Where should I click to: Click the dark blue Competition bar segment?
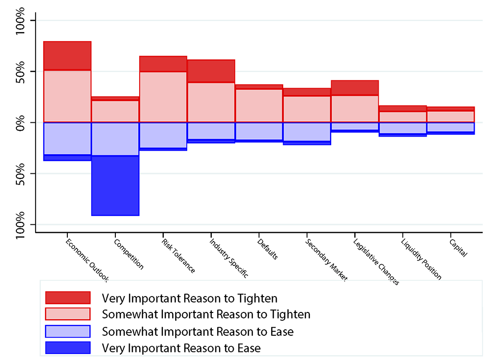click(x=115, y=186)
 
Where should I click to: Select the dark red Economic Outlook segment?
click(x=67, y=56)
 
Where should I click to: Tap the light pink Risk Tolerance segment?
click(x=163, y=97)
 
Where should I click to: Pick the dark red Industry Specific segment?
click(x=211, y=71)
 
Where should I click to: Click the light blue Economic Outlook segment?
click(x=67, y=138)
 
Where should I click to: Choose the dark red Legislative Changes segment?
click(x=354, y=88)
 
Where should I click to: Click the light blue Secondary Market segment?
click(x=306, y=132)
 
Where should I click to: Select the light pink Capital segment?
click(x=450, y=116)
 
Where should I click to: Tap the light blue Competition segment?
click(x=115, y=139)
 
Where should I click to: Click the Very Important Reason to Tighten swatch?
click(x=67, y=298)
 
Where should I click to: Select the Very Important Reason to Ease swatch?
click(x=67, y=348)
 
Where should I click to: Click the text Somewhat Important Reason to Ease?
click(x=198, y=331)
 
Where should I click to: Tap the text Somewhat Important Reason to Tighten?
click(x=206, y=314)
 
